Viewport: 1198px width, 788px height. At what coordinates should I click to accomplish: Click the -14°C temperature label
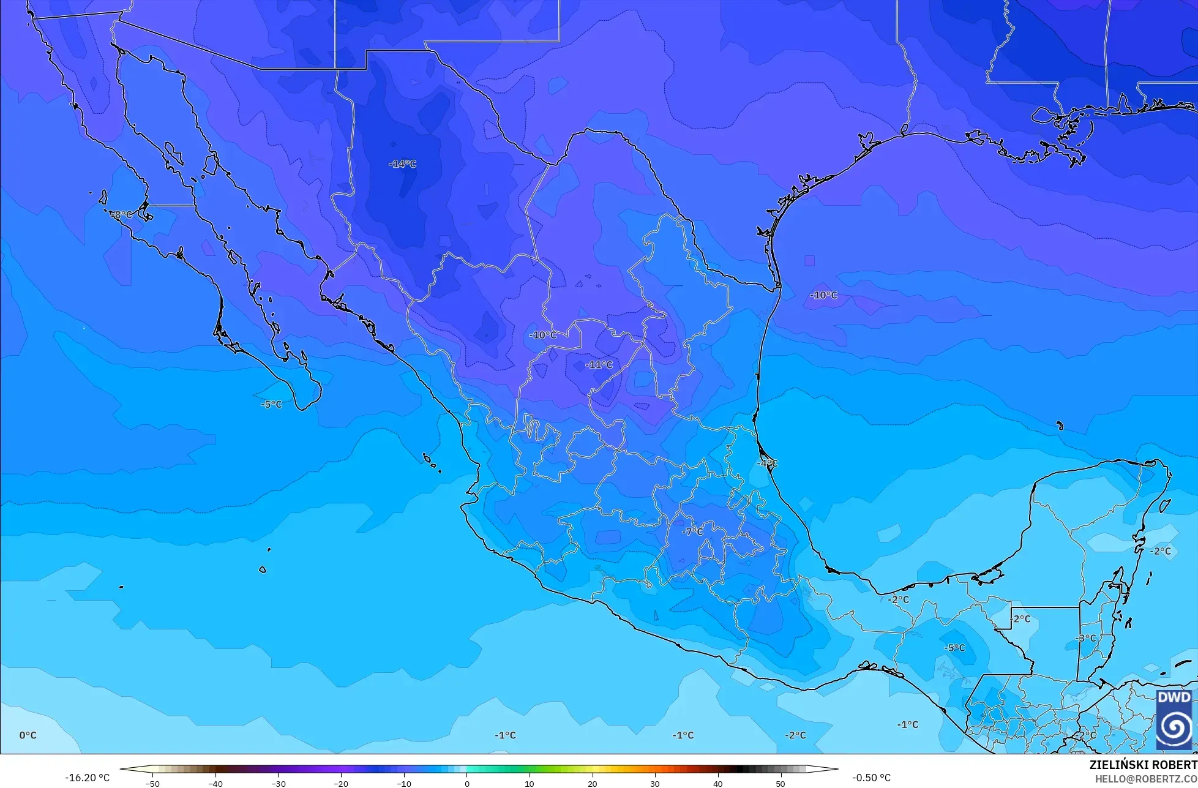click(x=402, y=164)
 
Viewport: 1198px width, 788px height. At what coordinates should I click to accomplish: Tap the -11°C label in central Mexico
click(x=599, y=365)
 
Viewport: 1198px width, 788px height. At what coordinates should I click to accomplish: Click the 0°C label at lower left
click(x=28, y=735)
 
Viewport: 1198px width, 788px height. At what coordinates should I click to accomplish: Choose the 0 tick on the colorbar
click(x=467, y=784)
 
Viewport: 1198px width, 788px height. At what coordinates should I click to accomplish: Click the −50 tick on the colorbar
click(x=152, y=784)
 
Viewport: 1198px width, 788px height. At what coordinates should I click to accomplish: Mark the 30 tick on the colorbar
click(x=655, y=784)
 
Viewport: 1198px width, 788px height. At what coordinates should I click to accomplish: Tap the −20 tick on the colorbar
click(x=340, y=784)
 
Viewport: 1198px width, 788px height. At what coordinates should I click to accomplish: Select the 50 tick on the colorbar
click(x=781, y=784)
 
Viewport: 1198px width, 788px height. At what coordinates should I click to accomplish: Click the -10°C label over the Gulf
click(x=823, y=295)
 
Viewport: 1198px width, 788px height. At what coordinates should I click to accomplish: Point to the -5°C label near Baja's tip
click(x=271, y=405)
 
